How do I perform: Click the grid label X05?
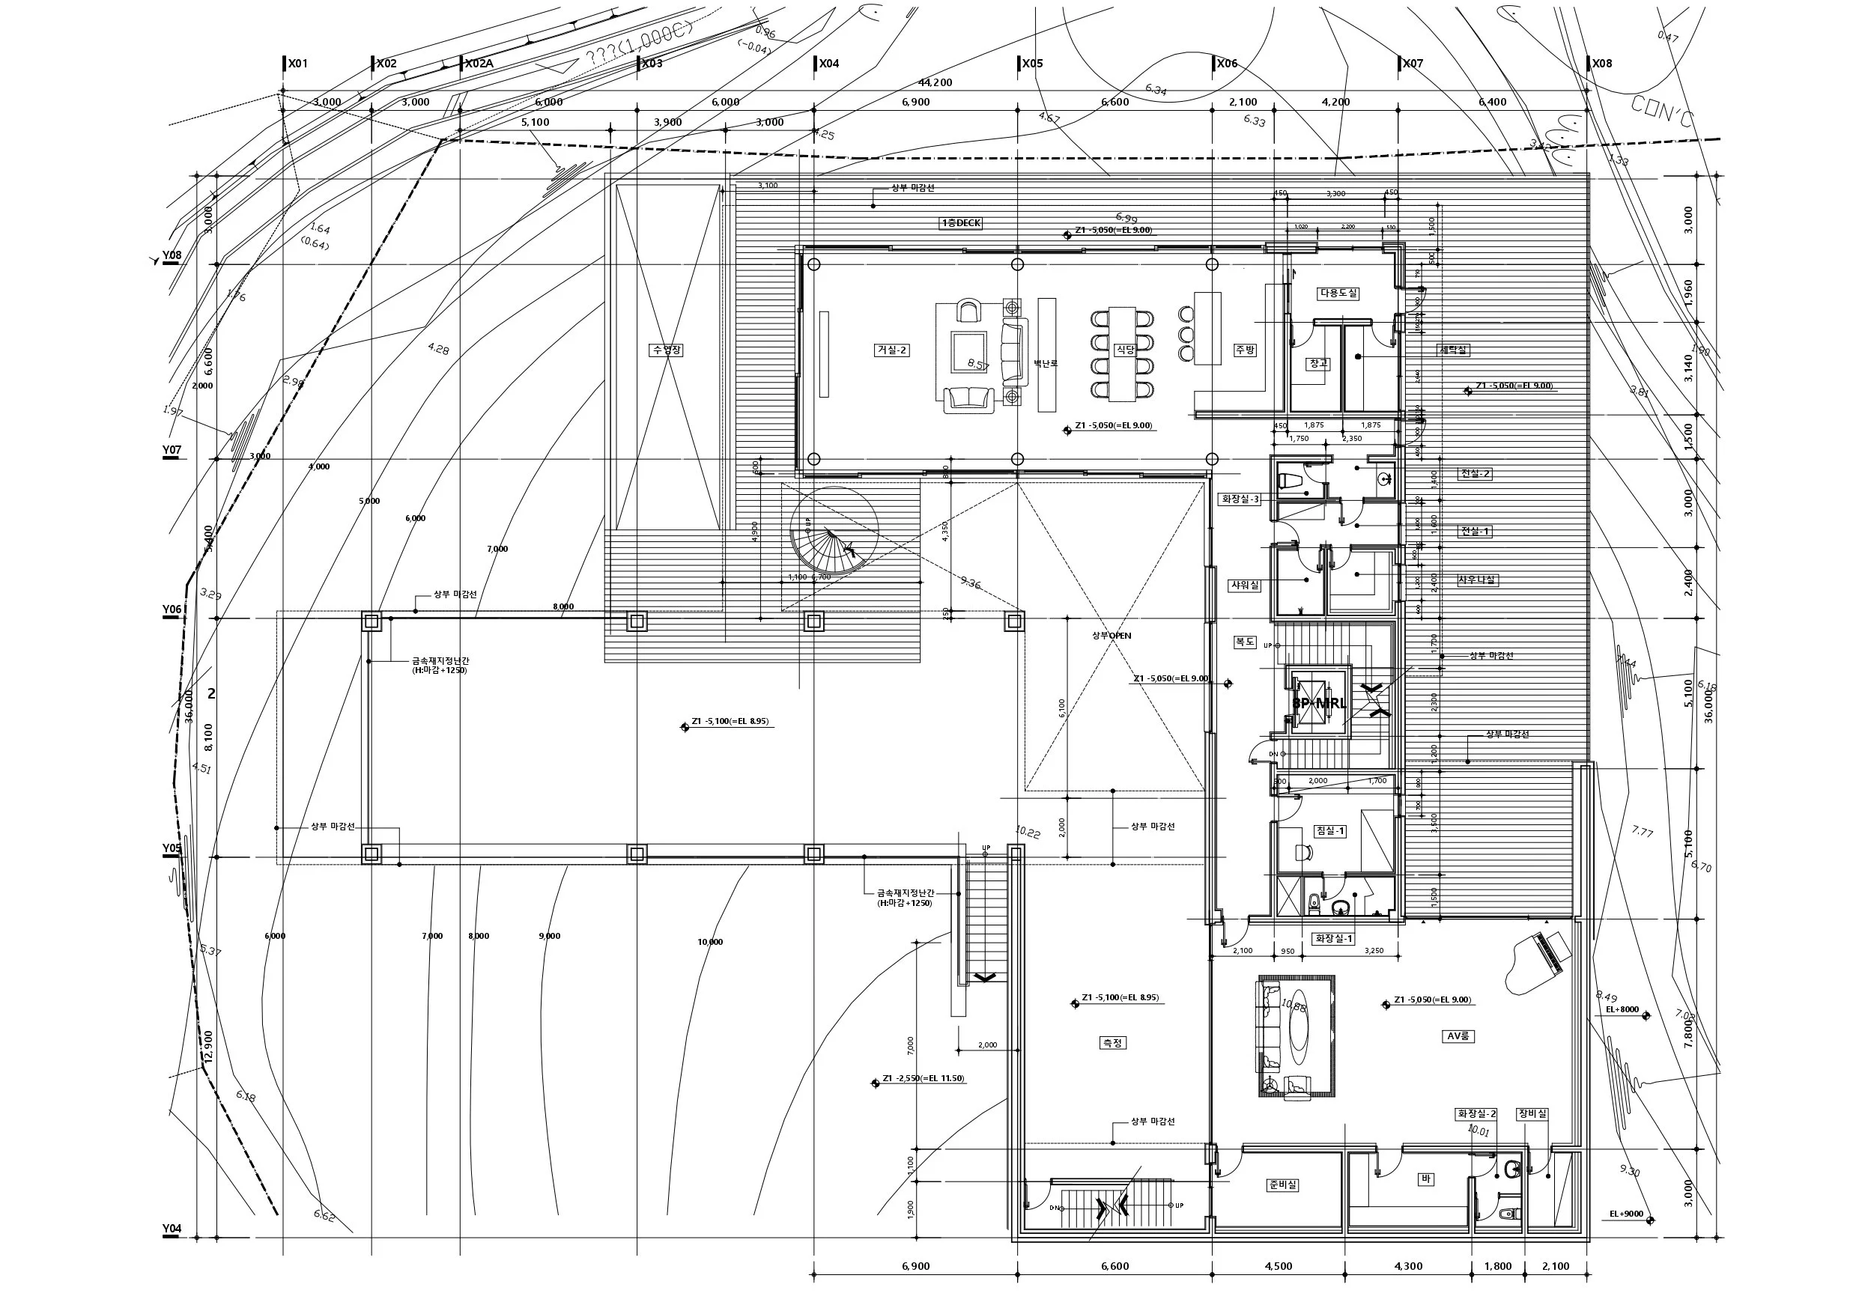[x=1032, y=63]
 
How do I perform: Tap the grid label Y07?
[x=171, y=450]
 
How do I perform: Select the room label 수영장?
[x=667, y=350]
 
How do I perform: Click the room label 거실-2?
[x=891, y=350]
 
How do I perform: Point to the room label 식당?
[x=1125, y=349]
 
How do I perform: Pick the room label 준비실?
[x=1282, y=1184]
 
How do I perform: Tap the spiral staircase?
[x=834, y=531]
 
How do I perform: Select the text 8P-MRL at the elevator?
[x=1319, y=703]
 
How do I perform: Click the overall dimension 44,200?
[x=935, y=82]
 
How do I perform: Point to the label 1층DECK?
[x=961, y=222]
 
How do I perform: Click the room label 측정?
[x=1112, y=1043]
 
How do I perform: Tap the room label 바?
[x=1426, y=1178]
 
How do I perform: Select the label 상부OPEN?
[x=1112, y=636]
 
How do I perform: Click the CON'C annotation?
[x=1662, y=112]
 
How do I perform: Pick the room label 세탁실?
[x=1453, y=350]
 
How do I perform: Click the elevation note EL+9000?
[x=1626, y=1214]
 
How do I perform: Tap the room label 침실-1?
[x=1330, y=830]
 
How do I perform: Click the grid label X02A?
[x=479, y=63]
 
